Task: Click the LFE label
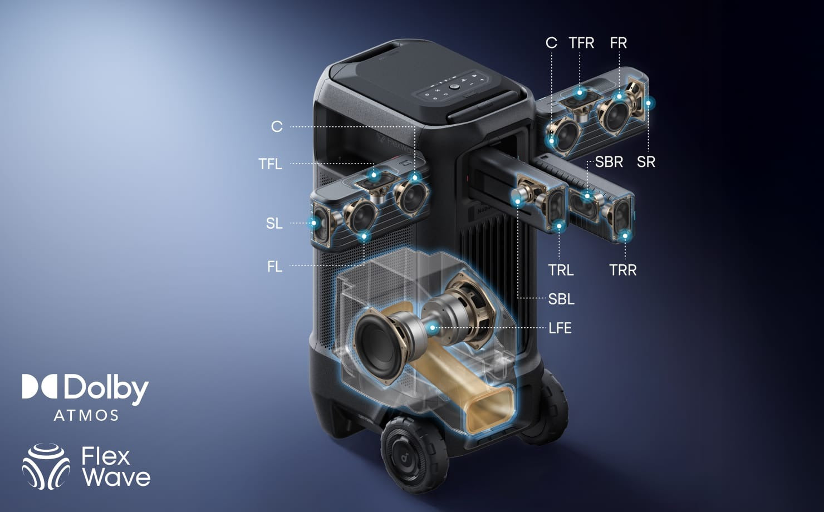click(560, 328)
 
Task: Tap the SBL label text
click(561, 299)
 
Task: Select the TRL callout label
click(561, 270)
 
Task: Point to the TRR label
click(623, 270)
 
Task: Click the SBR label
click(609, 162)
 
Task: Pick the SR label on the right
click(646, 162)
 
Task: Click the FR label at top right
click(618, 43)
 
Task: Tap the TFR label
click(581, 43)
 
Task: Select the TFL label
click(271, 164)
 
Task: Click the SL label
click(274, 224)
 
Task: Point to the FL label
click(275, 267)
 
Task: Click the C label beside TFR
click(551, 43)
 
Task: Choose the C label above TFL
click(277, 127)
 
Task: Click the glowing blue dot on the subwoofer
click(433, 327)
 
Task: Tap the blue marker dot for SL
click(314, 223)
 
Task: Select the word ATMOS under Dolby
click(86, 415)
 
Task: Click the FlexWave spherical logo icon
click(46, 466)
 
